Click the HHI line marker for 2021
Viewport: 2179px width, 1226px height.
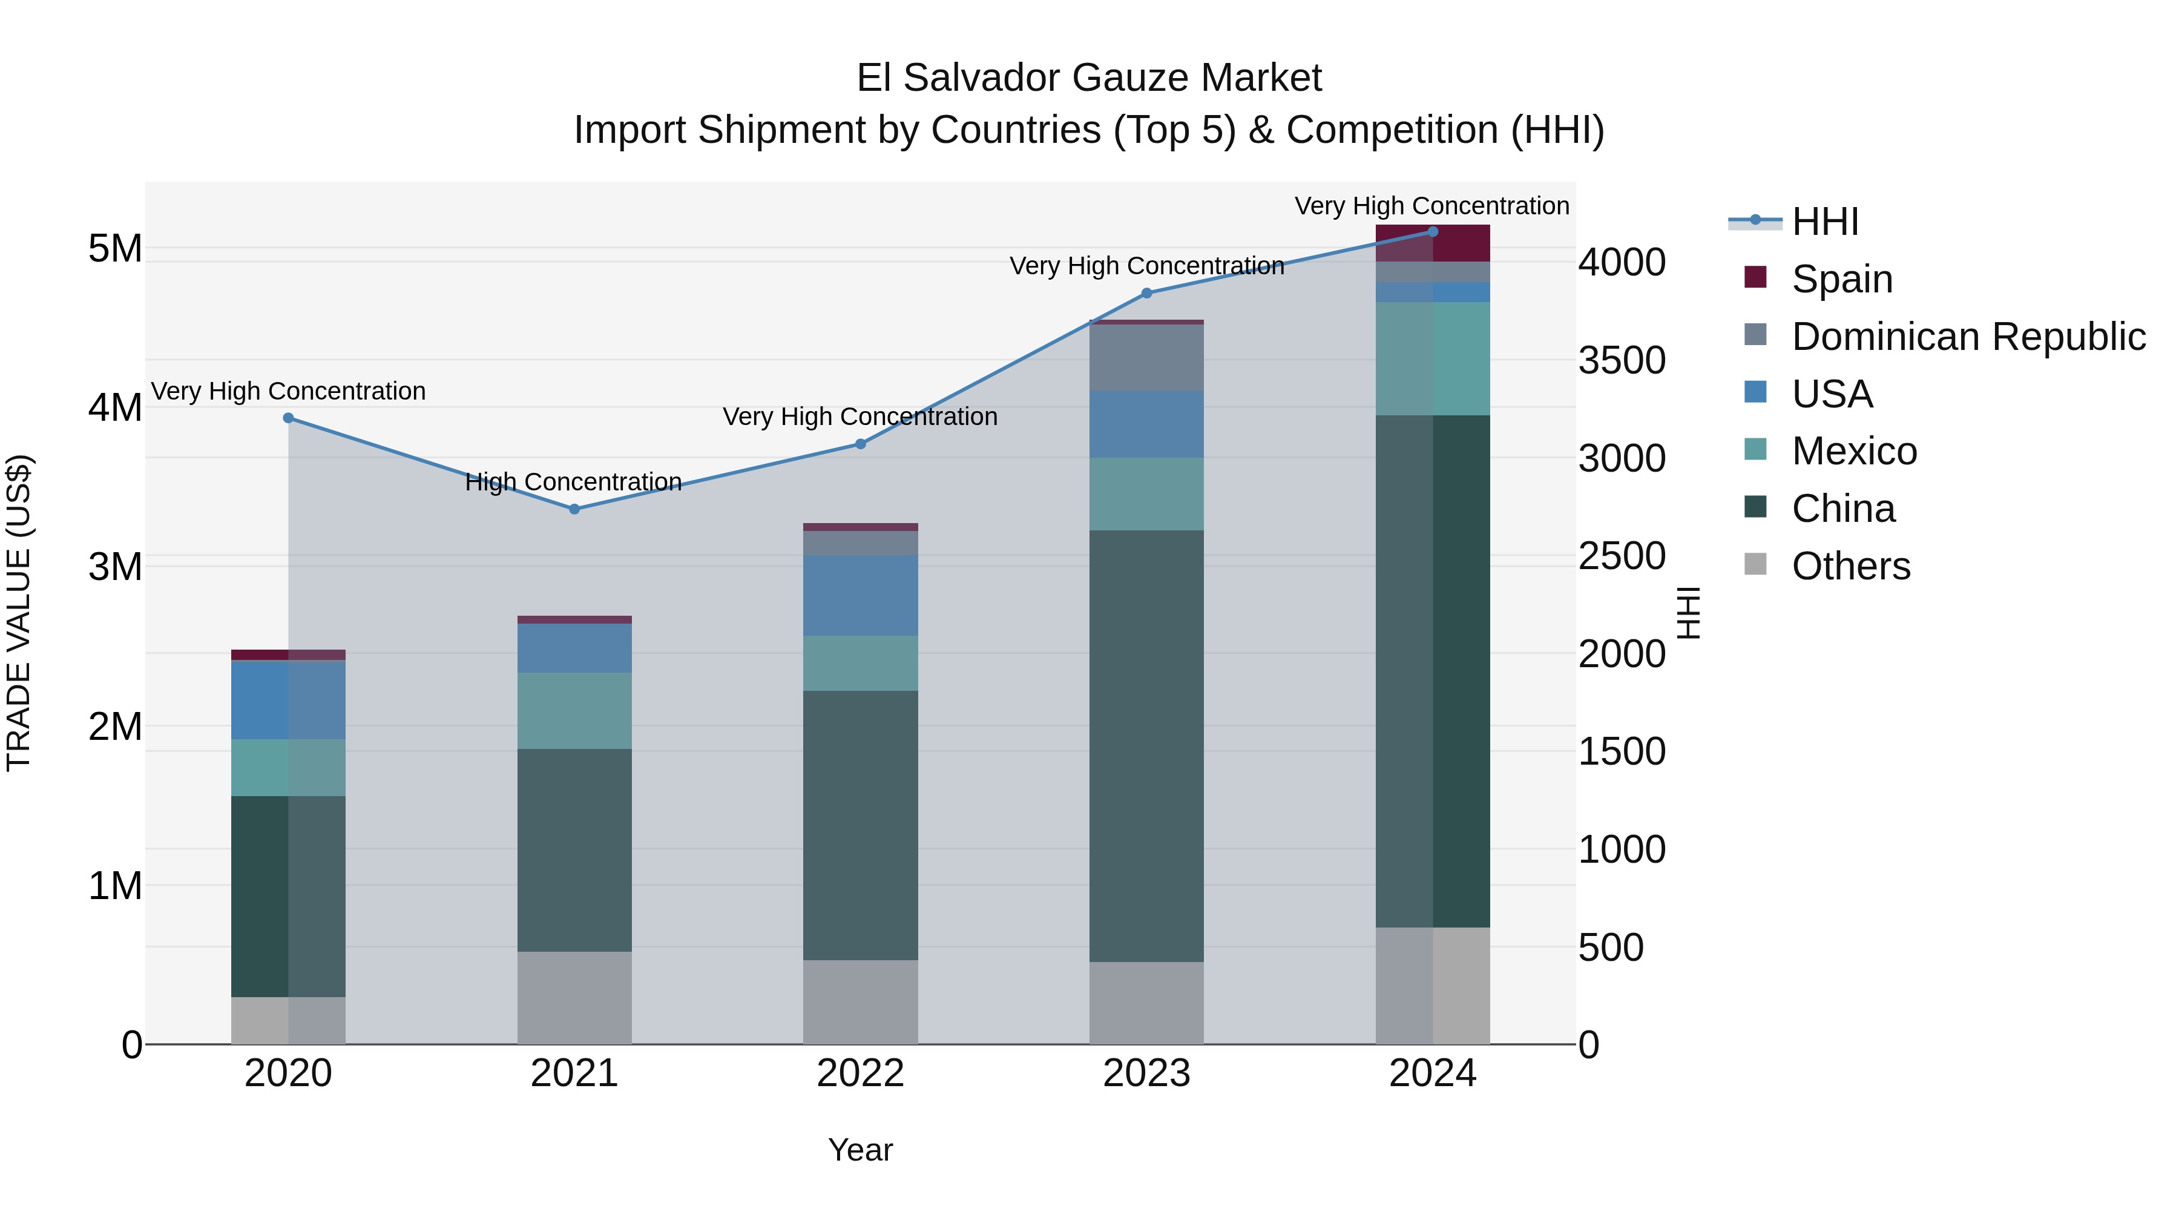(574, 509)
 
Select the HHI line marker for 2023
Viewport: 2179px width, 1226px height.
(1146, 294)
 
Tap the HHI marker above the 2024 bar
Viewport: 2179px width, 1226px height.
(1432, 232)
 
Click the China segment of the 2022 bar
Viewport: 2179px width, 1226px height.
(860, 825)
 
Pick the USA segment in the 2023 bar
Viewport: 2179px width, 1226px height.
(1146, 424)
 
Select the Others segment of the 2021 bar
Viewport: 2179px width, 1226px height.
(574, 998)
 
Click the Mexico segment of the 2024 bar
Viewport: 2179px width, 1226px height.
(1432, 359)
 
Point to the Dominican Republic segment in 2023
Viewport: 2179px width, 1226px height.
(1146, 357)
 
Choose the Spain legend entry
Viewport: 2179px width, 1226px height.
(1841, 279)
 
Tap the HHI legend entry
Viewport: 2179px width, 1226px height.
(1824, 222)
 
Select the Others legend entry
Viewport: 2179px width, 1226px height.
(1850, 566)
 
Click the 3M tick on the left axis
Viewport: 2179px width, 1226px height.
(115, 567)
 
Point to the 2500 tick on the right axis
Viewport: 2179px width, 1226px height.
(1622, 556)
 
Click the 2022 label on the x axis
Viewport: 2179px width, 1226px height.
(860, 1073)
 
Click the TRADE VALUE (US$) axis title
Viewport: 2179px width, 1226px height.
(19, 613)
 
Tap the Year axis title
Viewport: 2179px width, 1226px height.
(860, 1150)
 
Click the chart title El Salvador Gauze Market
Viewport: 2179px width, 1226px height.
(1089, 78)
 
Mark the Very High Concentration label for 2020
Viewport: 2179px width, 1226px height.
(289, 391)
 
